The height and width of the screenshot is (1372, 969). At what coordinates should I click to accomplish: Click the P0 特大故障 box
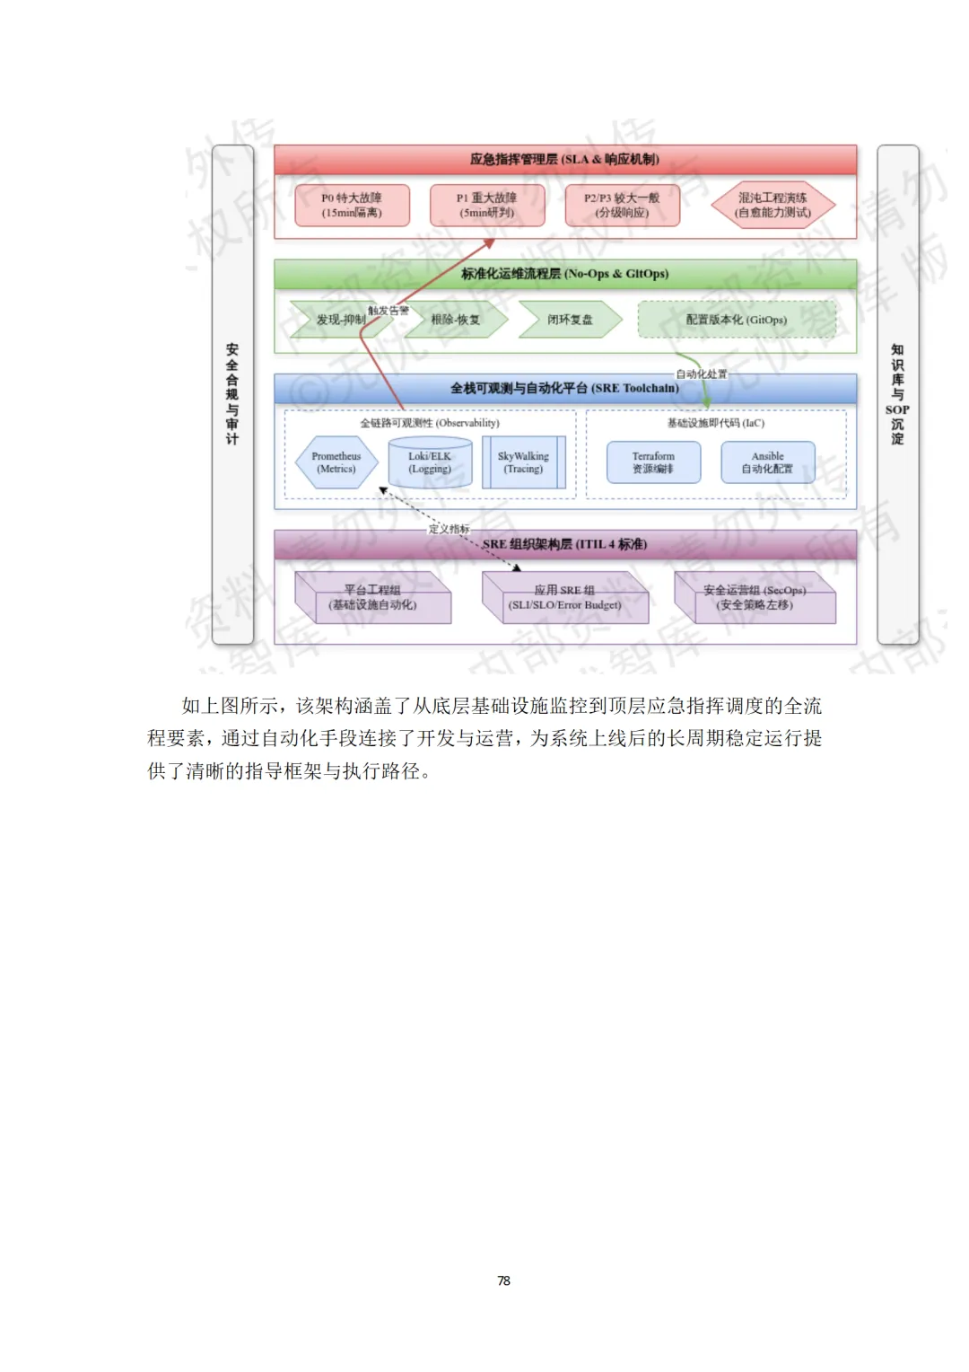(352, 206)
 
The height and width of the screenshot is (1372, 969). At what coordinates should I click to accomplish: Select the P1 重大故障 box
(487, 206)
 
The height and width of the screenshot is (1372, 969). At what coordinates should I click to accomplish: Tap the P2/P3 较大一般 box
(622, 206)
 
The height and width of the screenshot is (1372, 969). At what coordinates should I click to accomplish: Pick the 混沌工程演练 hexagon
(773, 206)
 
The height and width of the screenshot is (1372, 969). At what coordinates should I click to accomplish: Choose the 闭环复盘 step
(570, 320)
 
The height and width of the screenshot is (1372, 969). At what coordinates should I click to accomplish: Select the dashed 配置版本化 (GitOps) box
(737, 320)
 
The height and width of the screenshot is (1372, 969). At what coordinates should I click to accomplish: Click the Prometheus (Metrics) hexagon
(336, 462)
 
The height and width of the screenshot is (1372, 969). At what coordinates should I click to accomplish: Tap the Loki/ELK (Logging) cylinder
(430, 462)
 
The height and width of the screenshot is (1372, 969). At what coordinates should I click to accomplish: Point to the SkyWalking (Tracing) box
(523, 462)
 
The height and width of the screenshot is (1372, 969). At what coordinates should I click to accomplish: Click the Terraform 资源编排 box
(653, 462)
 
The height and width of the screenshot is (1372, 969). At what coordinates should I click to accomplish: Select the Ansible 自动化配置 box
(768, 462)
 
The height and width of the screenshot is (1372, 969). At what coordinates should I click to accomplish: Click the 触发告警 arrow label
(388, 311)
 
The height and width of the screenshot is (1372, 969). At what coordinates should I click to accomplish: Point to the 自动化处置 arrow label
(701, 374)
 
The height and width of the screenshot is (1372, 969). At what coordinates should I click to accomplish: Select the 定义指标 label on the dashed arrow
(449, 529)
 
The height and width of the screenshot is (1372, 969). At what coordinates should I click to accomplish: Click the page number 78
(503, 1280)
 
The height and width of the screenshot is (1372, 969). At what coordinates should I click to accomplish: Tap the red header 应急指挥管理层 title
(564, 160)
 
